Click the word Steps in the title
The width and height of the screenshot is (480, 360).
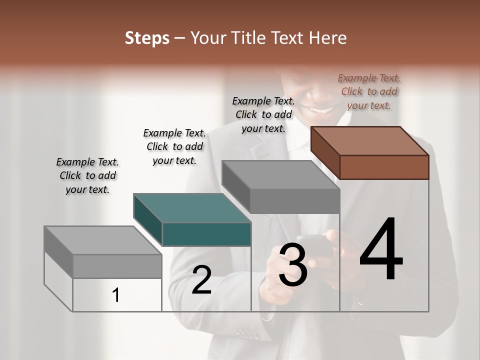coord(147,38)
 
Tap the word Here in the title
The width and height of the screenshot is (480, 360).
coord(326,38)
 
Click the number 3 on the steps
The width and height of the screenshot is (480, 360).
coord(293,264)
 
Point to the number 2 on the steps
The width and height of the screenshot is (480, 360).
coord(201,280)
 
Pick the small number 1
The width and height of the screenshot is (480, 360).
coord(116,295)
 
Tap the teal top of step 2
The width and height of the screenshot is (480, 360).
coord(192,208)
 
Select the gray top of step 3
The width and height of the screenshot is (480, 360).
coord(280,175)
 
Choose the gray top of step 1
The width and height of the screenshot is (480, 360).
coord(103,240)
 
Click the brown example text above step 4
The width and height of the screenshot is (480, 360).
coord(369,91)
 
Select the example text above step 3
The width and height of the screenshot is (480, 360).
coord(263,114)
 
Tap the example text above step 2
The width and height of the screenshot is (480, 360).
coord(174,146)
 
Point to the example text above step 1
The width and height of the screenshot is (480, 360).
coord(87,175)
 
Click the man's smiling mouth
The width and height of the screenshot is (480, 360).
coord(322,108)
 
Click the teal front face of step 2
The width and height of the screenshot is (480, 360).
coord(206,234)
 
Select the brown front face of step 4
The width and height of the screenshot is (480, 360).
coord(384,167)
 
